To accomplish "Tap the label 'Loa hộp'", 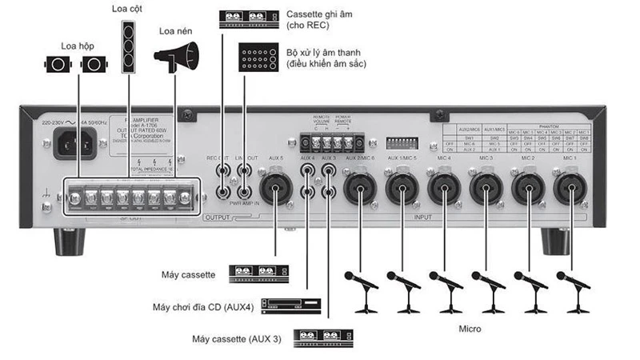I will point(77,45).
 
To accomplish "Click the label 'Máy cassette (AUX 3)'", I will point(237,338).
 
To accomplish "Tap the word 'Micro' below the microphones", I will point(471,328).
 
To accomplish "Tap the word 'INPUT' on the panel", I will point(422,217).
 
